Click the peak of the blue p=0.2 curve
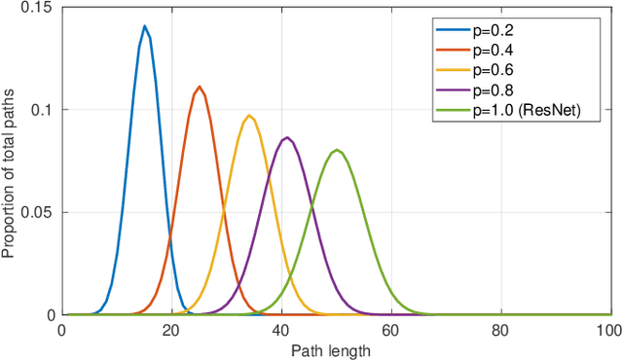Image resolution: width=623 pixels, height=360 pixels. point(144,26)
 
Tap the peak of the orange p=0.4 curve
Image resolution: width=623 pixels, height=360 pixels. point(200,87)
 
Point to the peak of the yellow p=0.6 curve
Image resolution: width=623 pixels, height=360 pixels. point(250,116)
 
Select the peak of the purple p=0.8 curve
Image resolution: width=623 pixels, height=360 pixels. point(286,137)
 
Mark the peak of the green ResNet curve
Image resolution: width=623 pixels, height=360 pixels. point(337,150)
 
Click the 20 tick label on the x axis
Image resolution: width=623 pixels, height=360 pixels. point(171,331)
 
